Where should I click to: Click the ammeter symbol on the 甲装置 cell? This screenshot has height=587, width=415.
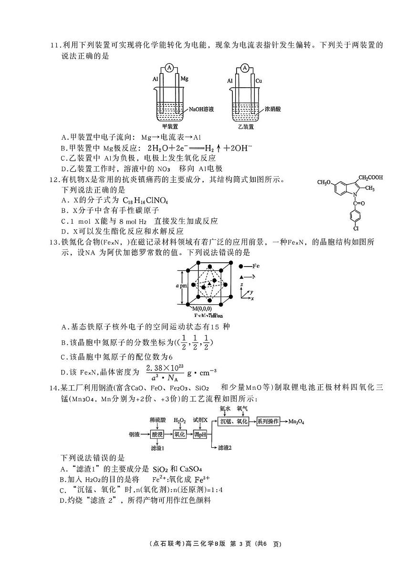169,68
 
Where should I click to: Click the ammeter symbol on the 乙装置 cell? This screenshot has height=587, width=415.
245,68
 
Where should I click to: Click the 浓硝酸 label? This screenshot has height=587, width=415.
272,109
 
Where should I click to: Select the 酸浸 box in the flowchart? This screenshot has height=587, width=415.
157,434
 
